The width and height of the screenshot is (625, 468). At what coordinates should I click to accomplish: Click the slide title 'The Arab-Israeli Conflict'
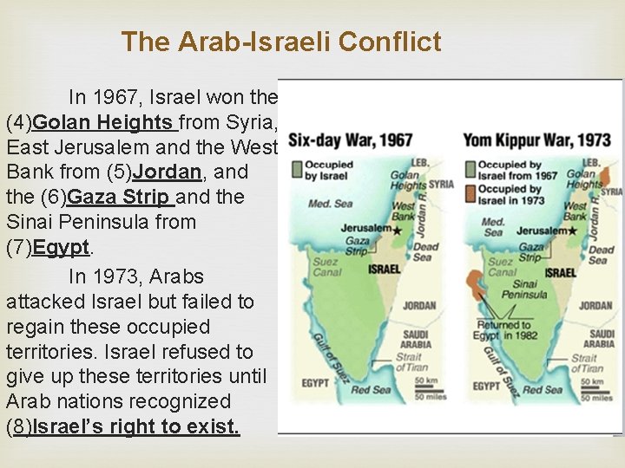click(281, 42)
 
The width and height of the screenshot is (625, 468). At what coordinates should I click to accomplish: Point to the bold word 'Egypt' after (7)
click(61, 247)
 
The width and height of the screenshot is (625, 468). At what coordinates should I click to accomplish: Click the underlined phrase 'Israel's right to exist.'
click(135, 426)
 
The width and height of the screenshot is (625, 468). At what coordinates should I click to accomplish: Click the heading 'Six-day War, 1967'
click(351, 140)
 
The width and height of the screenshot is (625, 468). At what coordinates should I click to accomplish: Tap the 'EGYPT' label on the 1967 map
click(314, 381)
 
